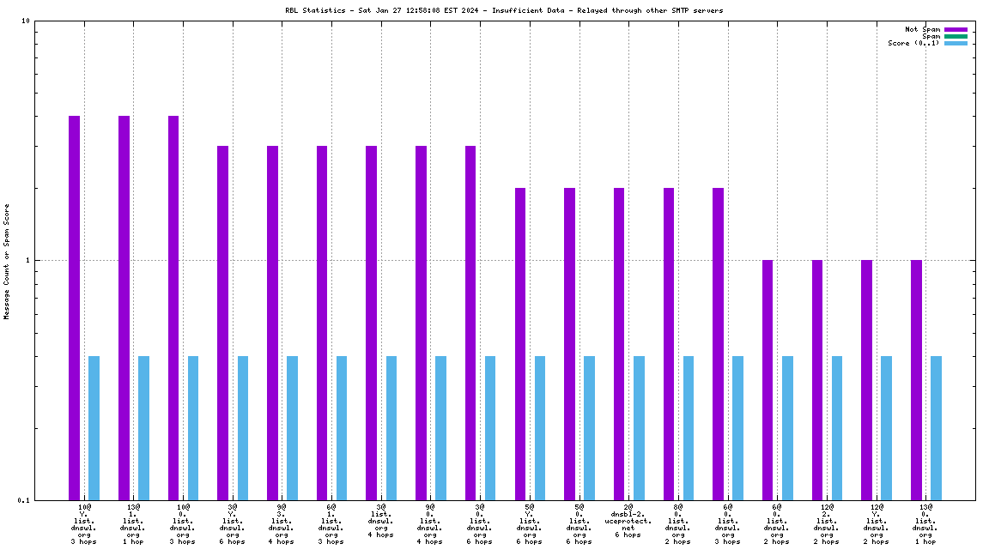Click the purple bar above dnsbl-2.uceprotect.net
pyautogui.click(x=619, y=343)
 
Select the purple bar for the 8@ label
pyautogui.click(x=669, y=343)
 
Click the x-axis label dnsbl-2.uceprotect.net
pyautogui.click(x=628, y=521)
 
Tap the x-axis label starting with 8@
pyautogui.click(x=678, y=524)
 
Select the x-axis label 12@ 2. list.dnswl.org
pyautogui.click(x=827, y=524)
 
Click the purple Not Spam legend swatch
pyautogui.click(x=956, y=29)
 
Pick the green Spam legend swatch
pyautogui.click(x=956, y=36)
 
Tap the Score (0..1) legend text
pyautogui.click(x=913, y=43)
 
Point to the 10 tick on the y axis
pyautogui.click(x=27, y=21)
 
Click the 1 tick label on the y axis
pyautogui.click(x=28, y=261)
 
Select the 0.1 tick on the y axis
pyautogui.click(x=24, y=500)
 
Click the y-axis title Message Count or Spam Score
pyautogui.click(x=7, y=261)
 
